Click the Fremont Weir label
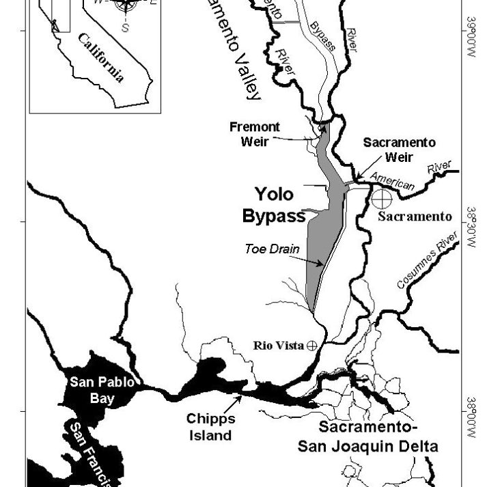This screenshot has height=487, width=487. [x=255, y=134]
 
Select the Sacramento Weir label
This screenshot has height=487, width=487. [x=399, y=150]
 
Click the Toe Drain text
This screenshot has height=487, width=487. [x=271, y=249]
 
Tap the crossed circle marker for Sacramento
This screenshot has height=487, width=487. [x=381, y=199]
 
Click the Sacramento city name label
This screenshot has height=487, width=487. [x=415, y=217]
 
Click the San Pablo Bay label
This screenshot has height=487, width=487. [x=101, y=389]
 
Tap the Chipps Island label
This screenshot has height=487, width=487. [x=211, y=426]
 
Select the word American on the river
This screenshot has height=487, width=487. [x=392, y=181]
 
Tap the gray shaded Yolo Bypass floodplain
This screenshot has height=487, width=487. [x=321, y=246]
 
